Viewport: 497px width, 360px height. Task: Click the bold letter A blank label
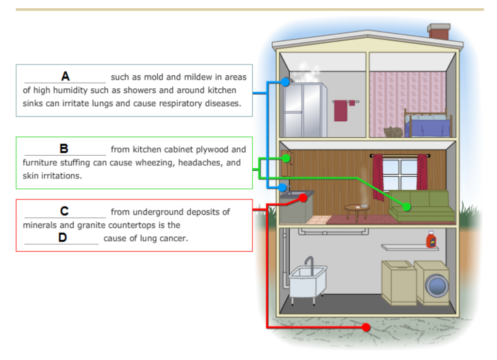point(65,76)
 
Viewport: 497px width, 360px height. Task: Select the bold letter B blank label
point(64,148)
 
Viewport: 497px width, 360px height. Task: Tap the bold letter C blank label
point(64,211)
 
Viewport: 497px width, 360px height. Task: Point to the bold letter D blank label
point(62,238)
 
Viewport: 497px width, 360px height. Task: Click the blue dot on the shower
point(285,82)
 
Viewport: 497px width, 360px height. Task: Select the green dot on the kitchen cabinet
point(286,158)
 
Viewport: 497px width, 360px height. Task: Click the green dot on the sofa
point(407,207)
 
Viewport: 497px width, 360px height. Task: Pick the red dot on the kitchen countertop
point(303,198)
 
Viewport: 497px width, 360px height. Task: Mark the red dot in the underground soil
point(366,327)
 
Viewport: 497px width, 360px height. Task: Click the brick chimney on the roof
point(439,32)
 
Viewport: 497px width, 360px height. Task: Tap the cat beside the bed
point(393,131)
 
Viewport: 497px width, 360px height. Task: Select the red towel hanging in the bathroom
point(341,111)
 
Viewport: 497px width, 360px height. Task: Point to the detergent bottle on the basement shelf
point(430,240)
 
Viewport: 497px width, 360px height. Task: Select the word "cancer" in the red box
point(175,239)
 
